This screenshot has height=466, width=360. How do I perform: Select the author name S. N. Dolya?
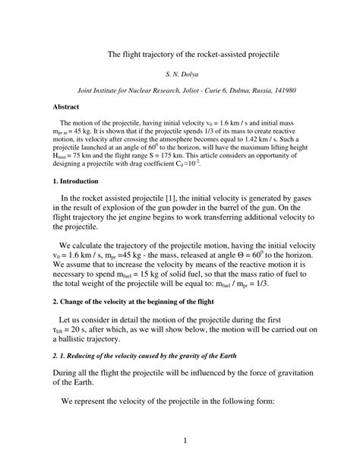tap(180, 74)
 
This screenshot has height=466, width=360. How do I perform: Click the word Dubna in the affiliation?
tap(228, 90)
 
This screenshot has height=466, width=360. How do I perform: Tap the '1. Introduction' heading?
tap(79, 182)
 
